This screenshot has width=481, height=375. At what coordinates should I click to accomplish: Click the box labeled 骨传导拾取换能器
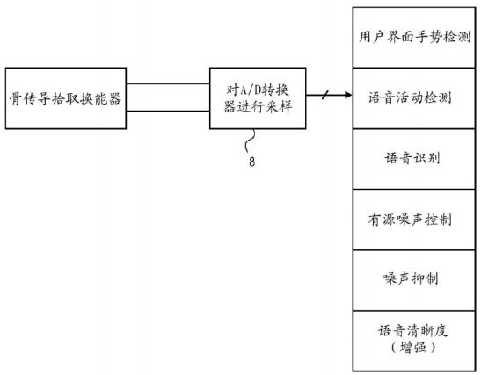(66, 98)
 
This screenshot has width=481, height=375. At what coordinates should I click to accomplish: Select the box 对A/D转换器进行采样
(258, 98)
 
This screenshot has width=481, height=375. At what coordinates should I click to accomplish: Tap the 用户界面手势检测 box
(414, 38)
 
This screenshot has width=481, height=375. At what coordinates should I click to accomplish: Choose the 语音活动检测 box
(414, 98)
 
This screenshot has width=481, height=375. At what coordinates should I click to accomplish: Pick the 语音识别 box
(414, 159)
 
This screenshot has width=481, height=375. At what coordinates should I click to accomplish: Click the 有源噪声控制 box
(414, 220)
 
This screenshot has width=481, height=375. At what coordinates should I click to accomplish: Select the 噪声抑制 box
(414, 280)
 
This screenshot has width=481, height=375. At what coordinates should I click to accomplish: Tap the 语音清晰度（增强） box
(414, 341)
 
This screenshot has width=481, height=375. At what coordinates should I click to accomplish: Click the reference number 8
(251, 162)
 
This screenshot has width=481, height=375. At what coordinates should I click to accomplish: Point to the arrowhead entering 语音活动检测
(349, 95)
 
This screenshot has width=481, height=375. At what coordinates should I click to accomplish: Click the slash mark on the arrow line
(325, 95)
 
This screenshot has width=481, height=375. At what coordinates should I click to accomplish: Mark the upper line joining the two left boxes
(168, 83)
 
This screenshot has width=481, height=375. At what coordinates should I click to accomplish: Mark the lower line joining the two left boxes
(168, 111)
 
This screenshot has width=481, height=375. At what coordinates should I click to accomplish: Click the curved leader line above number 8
(251, 141)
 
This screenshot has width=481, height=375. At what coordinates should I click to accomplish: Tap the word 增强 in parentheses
(413, 348)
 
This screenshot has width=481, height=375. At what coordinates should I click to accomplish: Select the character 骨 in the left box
(15, 98)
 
